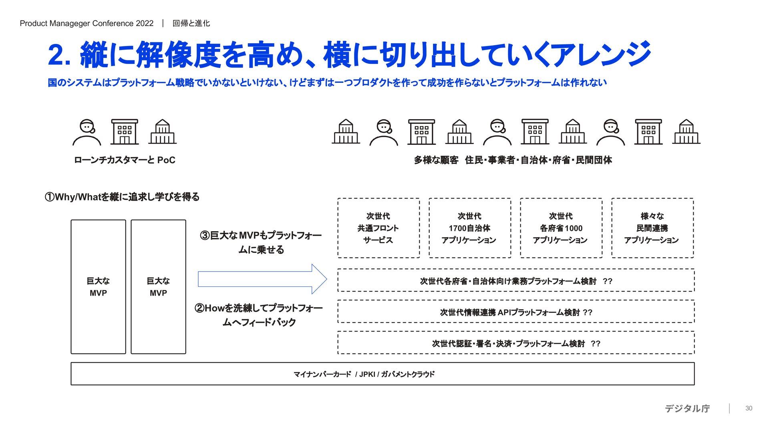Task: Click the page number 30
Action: tap(749, 408)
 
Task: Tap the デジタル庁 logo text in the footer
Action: tap(687, 408)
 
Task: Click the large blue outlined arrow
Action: tap(262, 279)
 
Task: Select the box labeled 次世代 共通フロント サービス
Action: tap(378, 228)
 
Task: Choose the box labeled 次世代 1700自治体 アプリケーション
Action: tap(470, 228)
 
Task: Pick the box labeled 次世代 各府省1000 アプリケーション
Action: tap(561, 228)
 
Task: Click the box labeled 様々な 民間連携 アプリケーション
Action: tap(652, 228)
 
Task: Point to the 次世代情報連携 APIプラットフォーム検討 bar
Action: tap(516, 312)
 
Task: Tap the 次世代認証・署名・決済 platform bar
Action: tap(516, 343)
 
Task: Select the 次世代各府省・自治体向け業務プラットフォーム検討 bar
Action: tap(516, 281)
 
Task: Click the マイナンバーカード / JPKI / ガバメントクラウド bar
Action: tap(382, 374)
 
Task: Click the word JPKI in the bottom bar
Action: tap(367, 374)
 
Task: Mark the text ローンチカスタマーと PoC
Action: tap(125, 160)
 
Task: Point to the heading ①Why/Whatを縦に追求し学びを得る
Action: tap(122, 197)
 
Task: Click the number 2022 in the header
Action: tap(145, 23)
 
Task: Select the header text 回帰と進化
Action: tap(191, 23)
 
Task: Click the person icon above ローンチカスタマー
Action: tap(87, 132)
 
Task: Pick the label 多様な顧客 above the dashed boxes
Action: tap(436, 160)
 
